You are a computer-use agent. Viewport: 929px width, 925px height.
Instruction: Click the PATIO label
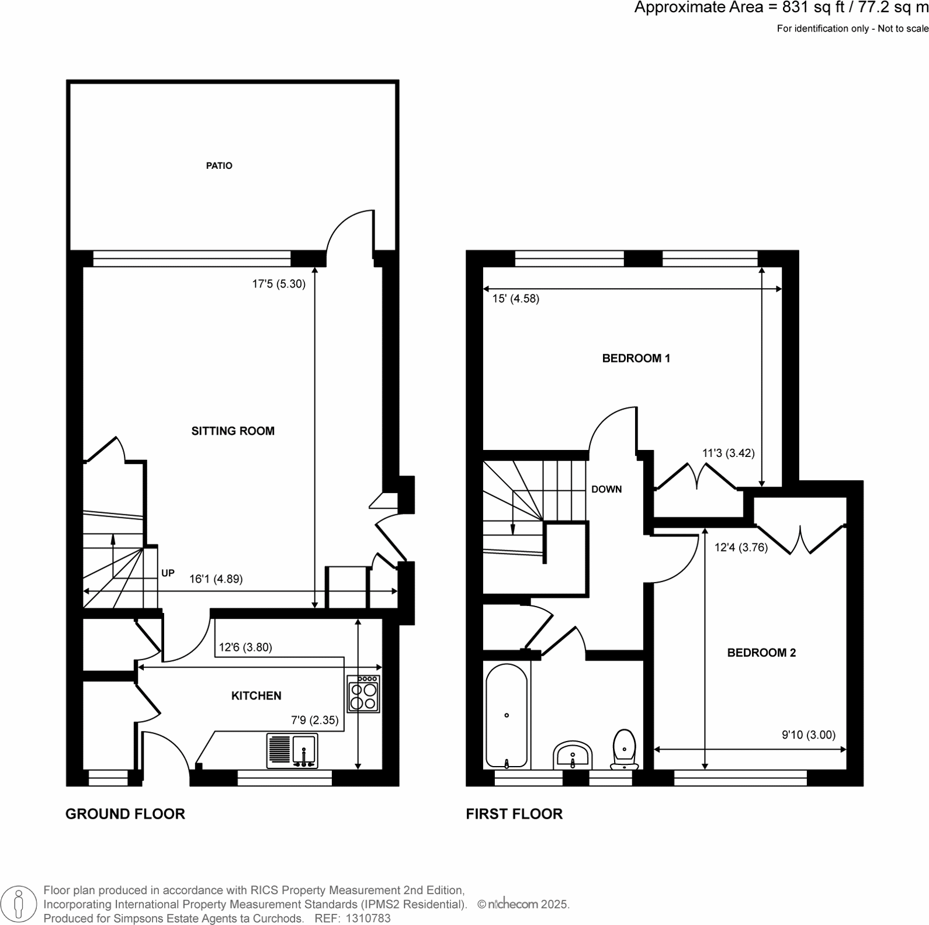coord(219,166)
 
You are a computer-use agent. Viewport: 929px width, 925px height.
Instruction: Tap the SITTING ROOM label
coord(233,431)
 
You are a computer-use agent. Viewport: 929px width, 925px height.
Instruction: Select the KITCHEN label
coord(256,696)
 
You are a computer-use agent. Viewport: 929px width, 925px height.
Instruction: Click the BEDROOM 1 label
coord(636,358)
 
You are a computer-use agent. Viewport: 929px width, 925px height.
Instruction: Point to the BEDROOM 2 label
coord(761,653)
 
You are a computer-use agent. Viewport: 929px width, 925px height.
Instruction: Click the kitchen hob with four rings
coord(363,694)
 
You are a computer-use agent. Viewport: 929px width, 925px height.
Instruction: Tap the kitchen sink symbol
coord(293,751)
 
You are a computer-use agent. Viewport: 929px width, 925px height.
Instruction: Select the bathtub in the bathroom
coord(507,716)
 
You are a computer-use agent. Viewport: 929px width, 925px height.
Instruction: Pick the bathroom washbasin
coord(573,757)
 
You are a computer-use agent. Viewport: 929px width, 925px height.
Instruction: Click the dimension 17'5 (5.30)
coord(279,285)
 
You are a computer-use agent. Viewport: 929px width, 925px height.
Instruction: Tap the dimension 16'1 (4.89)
coord(216,579)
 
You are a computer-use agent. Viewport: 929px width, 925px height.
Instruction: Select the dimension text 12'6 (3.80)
coord(245,647)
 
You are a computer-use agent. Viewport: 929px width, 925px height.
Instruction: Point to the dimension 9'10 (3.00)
coord(809,735)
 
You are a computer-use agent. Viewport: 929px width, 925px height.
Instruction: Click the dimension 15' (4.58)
coord(515,299)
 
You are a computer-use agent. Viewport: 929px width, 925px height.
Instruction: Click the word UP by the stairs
coord(168,573)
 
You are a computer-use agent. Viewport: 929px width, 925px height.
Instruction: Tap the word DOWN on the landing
coord(606,490)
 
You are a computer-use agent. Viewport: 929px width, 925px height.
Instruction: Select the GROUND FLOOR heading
coord(125,814)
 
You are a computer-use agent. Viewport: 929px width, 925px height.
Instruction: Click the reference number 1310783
coord(369,918)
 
